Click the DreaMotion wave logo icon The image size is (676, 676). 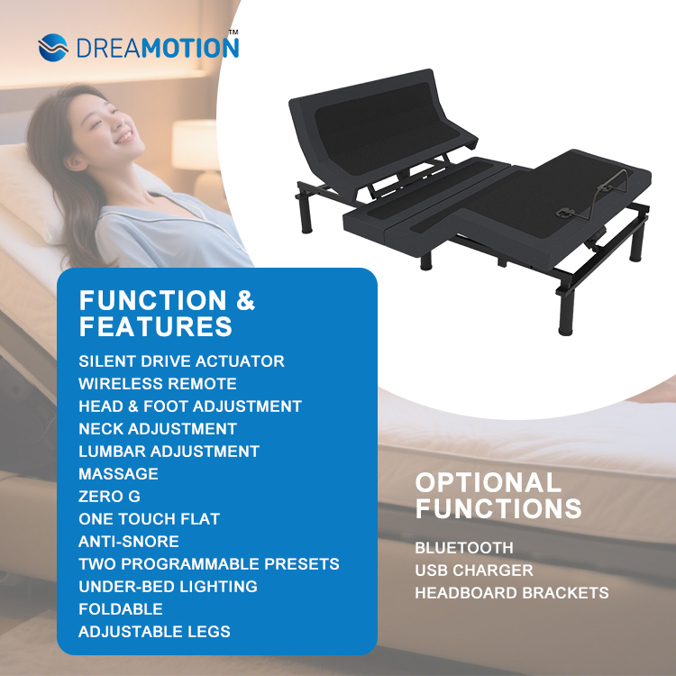click(x=53, y=47)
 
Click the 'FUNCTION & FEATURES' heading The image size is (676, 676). click(x=167, y=312)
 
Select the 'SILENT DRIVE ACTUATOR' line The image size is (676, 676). click(x=181, y=361)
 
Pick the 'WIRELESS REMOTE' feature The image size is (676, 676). click(x=157, y=384)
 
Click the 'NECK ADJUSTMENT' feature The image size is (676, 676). click(x=157, y=429)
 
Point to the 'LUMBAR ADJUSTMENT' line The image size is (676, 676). click(x=169, y=452)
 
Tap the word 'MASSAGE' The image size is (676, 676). click(x=118, y=474)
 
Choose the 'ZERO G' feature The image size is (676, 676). click(x=109, y=497)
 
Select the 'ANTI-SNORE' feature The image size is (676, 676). click(x=129, y=542)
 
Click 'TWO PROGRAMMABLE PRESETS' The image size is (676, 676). click(x=208, y=564)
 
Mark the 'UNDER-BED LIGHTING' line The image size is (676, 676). click(x=168, y=587)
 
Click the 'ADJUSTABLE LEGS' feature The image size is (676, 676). click(x=154, y=632)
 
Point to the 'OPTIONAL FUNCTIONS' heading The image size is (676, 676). click(x=498, y=495)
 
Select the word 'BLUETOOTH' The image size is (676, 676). click(x=464, y=548)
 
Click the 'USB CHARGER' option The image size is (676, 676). click(x=473, y=571)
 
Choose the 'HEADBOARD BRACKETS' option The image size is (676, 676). click(x=511, y=593)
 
